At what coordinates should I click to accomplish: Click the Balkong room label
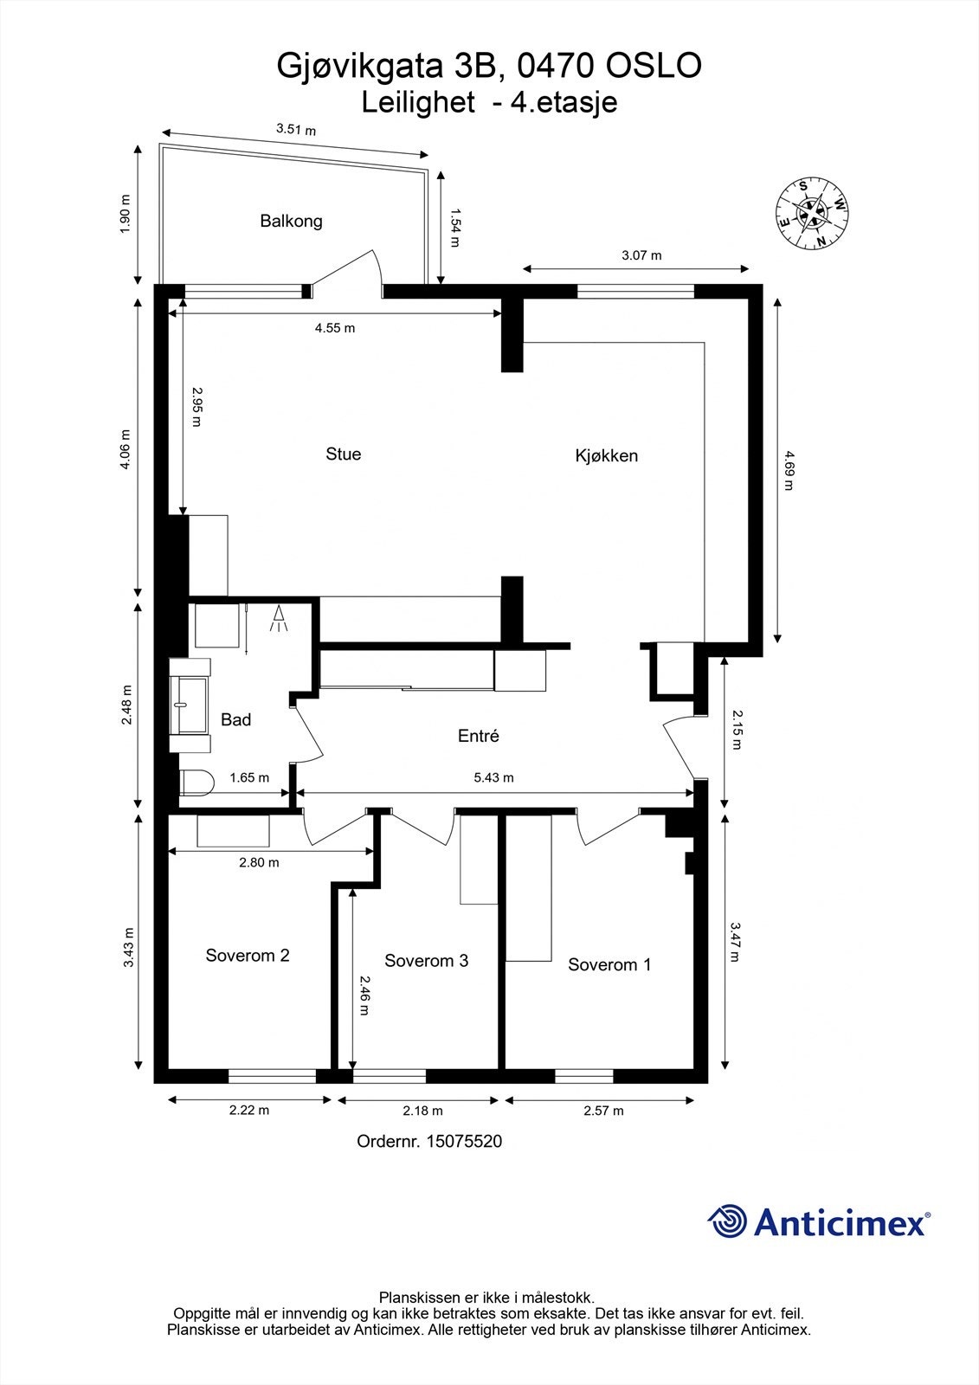point(292,221)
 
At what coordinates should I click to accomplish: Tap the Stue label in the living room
point(344,454)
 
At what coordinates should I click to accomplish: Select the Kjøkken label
point(606,455)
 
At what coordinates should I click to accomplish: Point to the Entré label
point(478,736)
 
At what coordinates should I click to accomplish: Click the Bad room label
point(235,719)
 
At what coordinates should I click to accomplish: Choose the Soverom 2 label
point(248,956)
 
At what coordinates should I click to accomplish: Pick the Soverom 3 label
point(426,960)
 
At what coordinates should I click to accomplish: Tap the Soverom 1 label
point(609,964)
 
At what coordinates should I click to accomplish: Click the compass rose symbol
point(811,213)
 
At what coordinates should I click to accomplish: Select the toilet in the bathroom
point(196,783)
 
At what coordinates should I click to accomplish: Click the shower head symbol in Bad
point(279,618)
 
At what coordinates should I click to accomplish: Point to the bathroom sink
point(190,705)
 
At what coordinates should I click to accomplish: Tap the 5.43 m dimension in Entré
point(494,778)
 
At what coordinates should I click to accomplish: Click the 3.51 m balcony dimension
point(296,130)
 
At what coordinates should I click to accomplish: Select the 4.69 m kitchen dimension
point(788,471)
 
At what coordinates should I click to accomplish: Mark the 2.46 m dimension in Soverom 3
point(364,995)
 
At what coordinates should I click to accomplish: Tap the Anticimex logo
point(819,1221)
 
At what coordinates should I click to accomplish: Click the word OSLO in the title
point(654,66)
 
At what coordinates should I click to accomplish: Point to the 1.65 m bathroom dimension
point(249,778)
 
